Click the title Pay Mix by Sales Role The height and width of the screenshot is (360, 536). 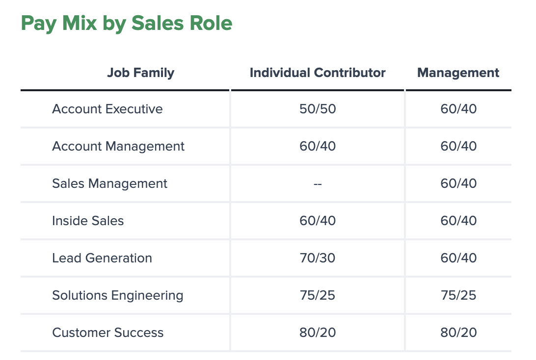(126, 24)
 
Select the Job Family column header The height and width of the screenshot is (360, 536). (140, 73)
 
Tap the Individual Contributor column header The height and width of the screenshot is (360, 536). (318, 73)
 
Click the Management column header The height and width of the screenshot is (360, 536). (458, 73)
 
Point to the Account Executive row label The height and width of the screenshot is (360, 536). (107, 109)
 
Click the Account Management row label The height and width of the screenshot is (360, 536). (118, 146)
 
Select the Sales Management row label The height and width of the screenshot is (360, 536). (109, 183)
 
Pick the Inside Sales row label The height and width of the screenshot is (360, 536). (88, 221)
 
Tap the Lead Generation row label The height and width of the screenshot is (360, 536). (102, 258)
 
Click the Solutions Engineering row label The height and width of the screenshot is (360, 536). (118, 295)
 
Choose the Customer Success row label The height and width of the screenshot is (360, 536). (108, 333)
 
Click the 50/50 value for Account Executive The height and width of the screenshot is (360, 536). (318, 109)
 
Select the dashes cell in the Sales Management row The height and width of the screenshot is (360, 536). (318, 184)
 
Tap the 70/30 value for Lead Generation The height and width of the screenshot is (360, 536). (318, 258)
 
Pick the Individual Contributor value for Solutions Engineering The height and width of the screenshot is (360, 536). (318, 295)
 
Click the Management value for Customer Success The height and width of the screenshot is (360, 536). (458, 333)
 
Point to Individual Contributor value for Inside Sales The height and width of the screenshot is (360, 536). (318, 221)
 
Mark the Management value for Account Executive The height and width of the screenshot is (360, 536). (458, 109)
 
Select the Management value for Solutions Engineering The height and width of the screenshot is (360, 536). (458, 295)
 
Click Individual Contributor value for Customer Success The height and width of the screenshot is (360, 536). (318, 333)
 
